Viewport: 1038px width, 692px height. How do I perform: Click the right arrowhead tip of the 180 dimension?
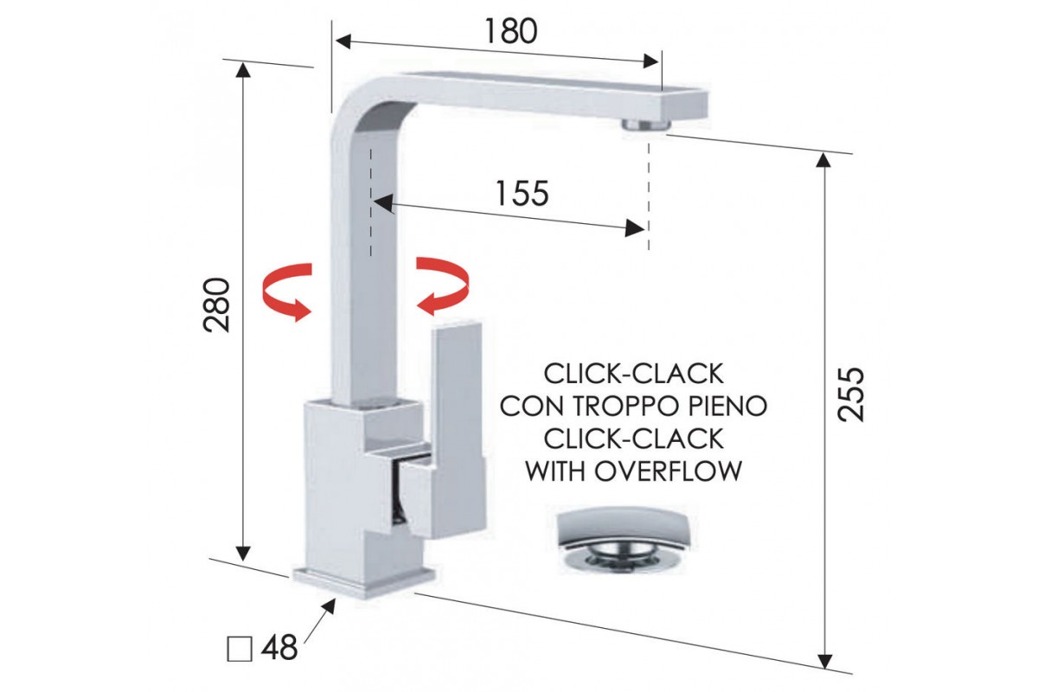click(x=658, y=61)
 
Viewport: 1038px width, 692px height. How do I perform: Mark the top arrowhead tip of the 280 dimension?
click(x=243, y=61)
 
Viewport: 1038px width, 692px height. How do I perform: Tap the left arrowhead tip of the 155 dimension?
click(x=373, y=202)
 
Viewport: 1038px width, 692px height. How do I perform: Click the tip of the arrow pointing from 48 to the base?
click(x=335, y=599)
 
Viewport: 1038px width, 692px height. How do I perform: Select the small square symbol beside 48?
click(x=240, y=649)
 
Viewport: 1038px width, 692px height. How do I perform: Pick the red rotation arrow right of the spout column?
click(x=443, y=286)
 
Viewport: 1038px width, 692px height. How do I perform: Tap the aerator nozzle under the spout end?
click(x=644, y=125)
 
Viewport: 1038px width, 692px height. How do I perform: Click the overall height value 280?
click(x=216, y=304)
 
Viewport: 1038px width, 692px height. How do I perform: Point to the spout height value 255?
click(x=851, y=394)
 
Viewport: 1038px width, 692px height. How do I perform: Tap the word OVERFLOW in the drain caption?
click(x=668, y=471)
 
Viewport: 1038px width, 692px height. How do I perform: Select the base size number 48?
click(x=279, y=648)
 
